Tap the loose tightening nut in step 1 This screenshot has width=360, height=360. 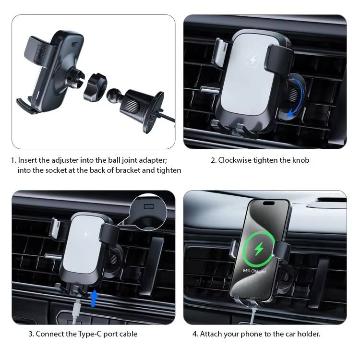pos(95,87)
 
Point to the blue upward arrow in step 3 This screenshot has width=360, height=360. pos(94,298)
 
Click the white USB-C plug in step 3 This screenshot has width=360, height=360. pos(76,308)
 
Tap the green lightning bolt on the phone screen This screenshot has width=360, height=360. pos(259,249)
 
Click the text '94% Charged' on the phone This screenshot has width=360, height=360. pos(254,271)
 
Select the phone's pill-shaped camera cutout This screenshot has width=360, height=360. pos(269,203)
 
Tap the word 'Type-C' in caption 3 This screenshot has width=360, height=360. pos(90,334)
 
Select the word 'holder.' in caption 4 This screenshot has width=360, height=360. pos(309,334)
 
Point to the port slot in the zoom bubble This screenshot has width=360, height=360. pos(149,206)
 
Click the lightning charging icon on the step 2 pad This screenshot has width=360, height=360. pos(253,60)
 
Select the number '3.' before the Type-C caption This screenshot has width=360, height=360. pos(32,334)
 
